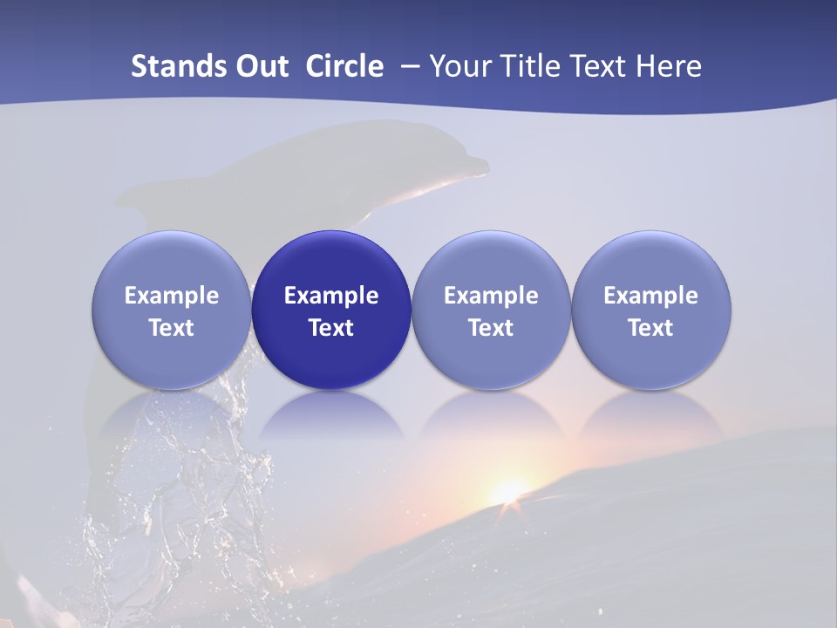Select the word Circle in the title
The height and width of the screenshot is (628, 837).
[344, 66]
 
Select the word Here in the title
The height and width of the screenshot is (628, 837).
[670, 66]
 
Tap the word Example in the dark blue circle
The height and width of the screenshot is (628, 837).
[331, 296]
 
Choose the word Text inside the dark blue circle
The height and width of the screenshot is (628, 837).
[331, 328]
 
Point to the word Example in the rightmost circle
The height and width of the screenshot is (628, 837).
[651, 296]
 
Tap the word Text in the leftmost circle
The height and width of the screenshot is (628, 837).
[172, 328]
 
